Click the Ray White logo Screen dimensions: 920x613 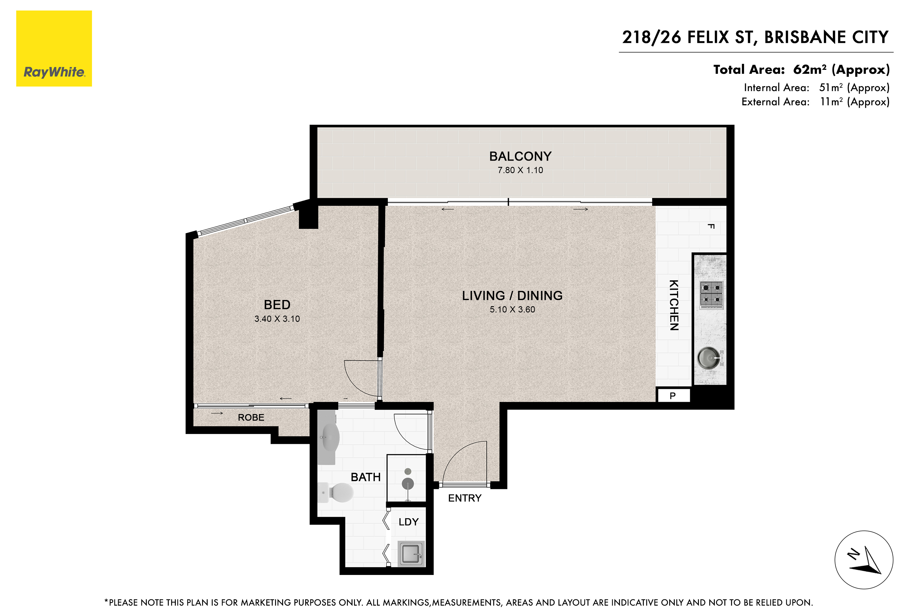point(54,49)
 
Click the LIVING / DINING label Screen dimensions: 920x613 point(513,295)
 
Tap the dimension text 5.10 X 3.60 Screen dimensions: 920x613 point(513,309)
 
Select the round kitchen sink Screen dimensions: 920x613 point(709,357)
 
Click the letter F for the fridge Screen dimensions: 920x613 point(711,226)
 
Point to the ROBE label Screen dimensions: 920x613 point(251,417)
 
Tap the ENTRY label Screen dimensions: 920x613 point(465,498)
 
